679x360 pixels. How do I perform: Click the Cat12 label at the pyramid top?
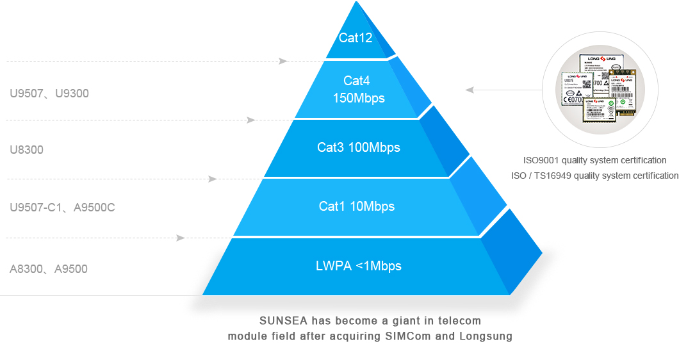coord(356,38)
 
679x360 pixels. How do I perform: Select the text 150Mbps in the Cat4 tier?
coord(359,98)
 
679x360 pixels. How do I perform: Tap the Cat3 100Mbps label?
coord(359,147)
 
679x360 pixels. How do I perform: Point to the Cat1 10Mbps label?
coord(357,206)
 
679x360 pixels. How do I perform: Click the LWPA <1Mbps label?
coord(359,266)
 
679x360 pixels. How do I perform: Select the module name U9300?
coord(72,94)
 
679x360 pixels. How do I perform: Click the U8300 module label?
coord(26,150)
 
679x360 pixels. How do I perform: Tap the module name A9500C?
coord(94,208)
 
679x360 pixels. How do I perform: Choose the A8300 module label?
coord(26,269)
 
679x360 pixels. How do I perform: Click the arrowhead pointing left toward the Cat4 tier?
coord(470,90)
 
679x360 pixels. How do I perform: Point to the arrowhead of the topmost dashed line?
coord(283,61)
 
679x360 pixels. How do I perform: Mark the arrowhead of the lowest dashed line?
coord(181,238)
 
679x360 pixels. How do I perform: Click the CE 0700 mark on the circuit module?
coord(573,99)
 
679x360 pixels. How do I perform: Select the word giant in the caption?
coord(378,320)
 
